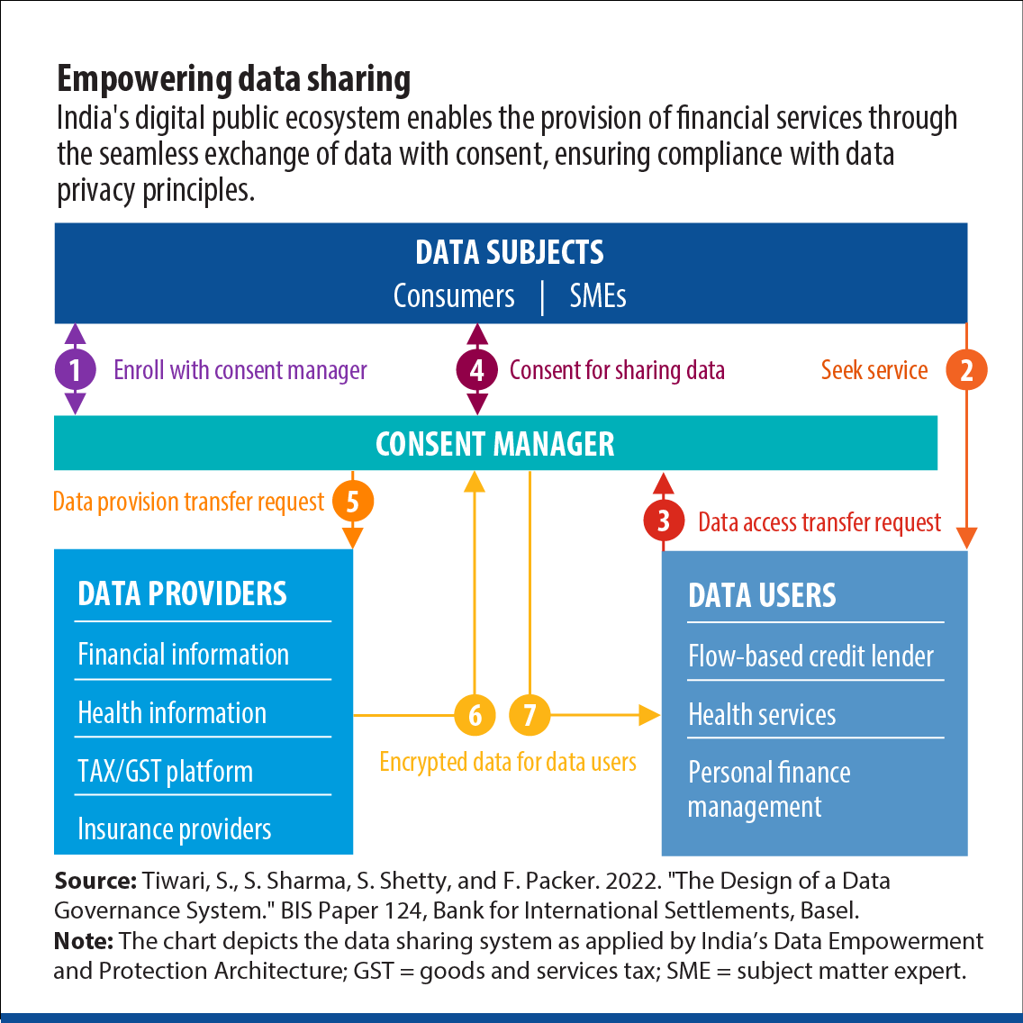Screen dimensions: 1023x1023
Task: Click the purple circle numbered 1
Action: [x=76, y=370]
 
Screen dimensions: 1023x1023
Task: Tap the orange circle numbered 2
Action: [x=966, y=370]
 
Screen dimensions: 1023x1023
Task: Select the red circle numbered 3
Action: [x=664, y=521]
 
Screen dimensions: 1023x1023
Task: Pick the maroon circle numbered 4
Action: [x=477, y=370]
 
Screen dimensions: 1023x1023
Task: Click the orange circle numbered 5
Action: [x=353, y=501]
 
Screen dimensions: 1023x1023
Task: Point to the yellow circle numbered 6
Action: [x=475, y=716]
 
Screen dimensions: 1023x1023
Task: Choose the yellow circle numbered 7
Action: [x=530, y=716]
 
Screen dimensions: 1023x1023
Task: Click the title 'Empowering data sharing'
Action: [x=234, y=79]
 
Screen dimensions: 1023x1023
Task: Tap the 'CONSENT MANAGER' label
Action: [x=495, y=444]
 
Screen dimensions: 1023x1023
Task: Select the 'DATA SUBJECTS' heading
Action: [x=510, y=252]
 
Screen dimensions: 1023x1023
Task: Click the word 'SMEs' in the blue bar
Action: [x=598, y=296]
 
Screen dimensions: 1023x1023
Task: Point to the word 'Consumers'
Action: [x=454, y=296]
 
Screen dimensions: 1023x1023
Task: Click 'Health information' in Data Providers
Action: [x=172, y=713]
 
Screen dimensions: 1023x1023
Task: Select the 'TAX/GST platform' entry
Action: [x=166, y=772]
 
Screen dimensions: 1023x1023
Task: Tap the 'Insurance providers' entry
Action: [x=175, y=829]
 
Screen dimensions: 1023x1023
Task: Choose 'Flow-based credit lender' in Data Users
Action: [x=810, y=656]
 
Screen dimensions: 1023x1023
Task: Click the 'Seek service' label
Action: [x=874, y=370]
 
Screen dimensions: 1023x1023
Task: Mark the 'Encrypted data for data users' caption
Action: [x=508, y=763]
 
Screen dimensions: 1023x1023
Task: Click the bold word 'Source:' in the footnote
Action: [x=95, y=882]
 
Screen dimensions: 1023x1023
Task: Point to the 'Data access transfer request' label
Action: [x=819, y=522]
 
